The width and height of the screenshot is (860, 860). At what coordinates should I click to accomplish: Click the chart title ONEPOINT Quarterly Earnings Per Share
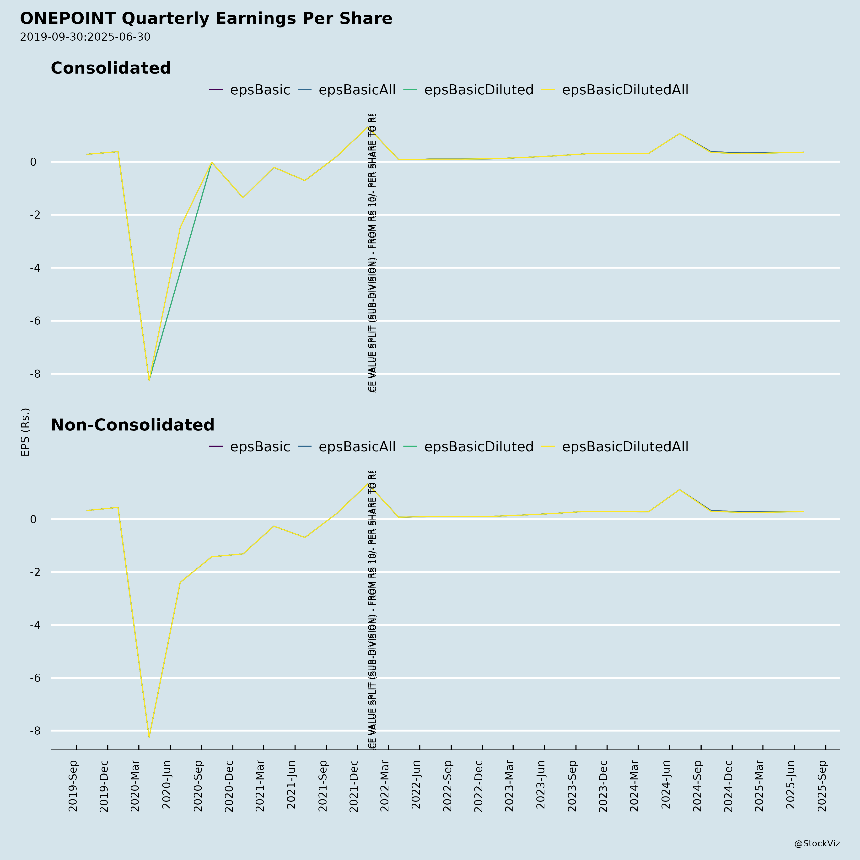pyautogui.click(x=206, y=19)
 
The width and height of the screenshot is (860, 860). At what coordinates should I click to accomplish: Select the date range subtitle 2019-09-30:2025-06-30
pyautogui.click(x=85, y=37)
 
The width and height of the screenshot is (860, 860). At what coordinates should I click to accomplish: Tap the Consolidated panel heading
pyautogui.click(x=111, y=68)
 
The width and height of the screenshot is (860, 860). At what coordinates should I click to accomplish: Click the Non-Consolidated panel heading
pyautogui.click(x=133, y=425)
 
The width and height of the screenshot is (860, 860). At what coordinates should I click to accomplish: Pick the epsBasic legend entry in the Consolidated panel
pyautogui.click(x=259, y=90)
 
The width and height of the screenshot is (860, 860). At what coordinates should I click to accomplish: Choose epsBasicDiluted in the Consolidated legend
pyautogui.click(x=478, y=90)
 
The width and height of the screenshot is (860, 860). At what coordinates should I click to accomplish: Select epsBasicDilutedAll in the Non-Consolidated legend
pyautogui.click(x=625, y=447)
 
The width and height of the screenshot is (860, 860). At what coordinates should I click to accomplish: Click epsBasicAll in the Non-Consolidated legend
pyautogui.click(x=357, y=447)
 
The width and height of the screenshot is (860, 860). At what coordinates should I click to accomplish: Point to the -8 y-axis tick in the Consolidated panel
pyautogui.click(x=33, y=374)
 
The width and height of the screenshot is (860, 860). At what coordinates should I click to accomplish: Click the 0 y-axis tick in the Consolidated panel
pyautogui.click(x=33, y=162)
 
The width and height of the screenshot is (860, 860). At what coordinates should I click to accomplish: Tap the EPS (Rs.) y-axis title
pyautogui.click(x=25, y=432)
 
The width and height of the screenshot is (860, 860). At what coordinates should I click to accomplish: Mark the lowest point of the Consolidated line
pyautogui.click(x=149, y=380)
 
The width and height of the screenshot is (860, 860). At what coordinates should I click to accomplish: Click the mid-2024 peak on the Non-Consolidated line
pyautogui.click(x=679, y=490)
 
